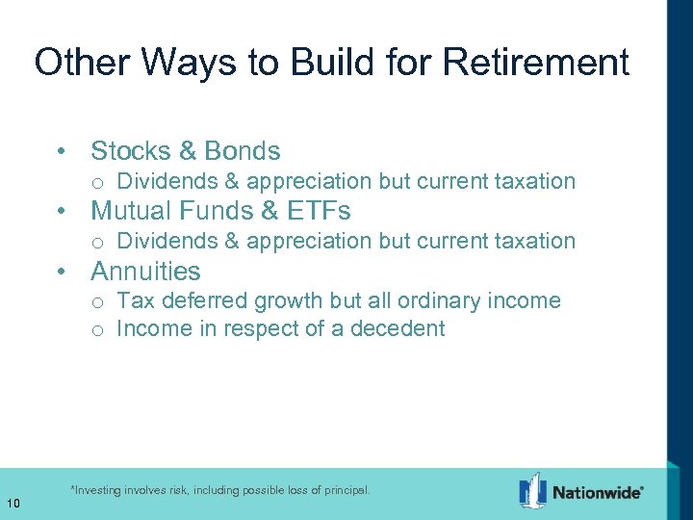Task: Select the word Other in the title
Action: [82, 63]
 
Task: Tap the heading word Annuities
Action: [145, 272]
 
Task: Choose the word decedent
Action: [398, 328]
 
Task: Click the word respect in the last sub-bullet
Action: [260, 328]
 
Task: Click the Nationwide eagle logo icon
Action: [532, 490]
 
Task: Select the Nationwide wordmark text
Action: [596, 492]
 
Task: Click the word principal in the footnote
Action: [342, 490]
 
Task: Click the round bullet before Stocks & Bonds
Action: [62, 152]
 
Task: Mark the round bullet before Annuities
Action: [62, 273]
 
